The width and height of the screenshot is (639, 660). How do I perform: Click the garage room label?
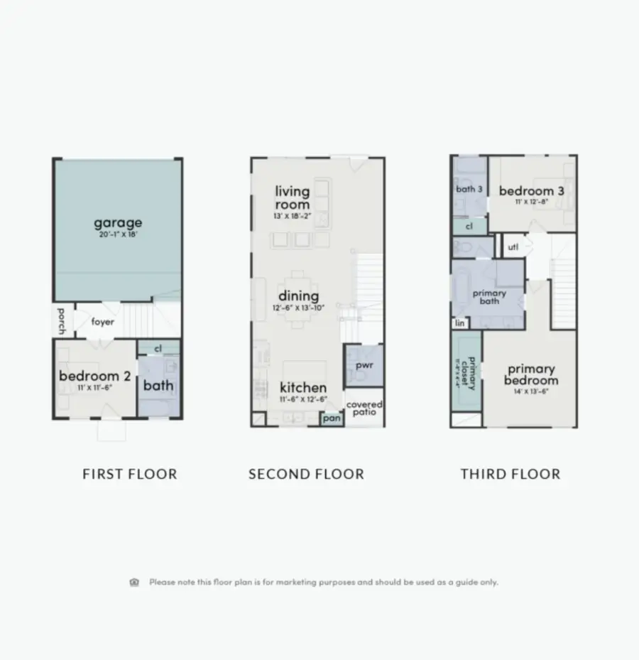(118, 223)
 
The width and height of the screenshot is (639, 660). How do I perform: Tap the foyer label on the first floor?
(103, 322)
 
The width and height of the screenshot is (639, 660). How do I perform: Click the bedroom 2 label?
(94, 376)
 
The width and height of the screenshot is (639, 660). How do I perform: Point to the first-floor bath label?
(158, 385)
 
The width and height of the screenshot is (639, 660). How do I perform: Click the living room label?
(293, 198)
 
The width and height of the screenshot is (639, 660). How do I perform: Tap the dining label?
(299, 296)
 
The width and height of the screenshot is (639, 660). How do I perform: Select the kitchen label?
(303, 387)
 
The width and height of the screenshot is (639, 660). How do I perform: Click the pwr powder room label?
(364, 364)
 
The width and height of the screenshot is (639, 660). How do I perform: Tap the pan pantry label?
(332, 418)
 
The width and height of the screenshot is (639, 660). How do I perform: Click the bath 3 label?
(469, 189)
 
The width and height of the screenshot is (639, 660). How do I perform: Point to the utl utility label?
(513, 247)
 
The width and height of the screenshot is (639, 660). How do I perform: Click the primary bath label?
(489, 297)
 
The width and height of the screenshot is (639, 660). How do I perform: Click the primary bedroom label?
(531, 374)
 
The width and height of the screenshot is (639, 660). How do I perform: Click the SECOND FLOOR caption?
(306, 474)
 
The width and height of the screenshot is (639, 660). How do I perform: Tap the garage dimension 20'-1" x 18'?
(118, 234)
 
